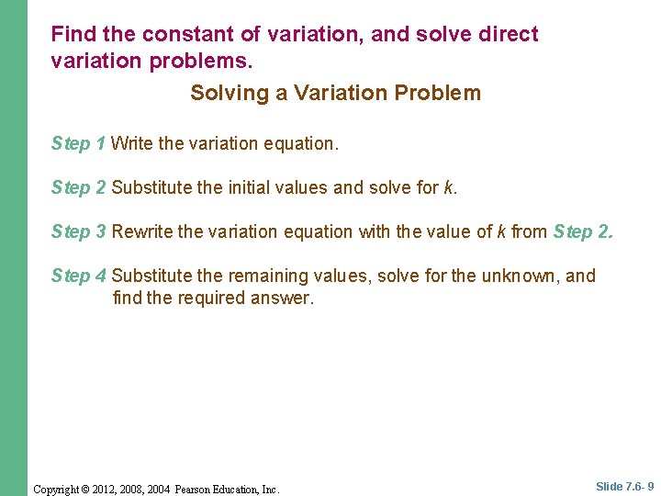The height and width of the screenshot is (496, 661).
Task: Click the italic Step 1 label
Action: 79,144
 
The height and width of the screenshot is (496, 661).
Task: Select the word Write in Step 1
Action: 132,144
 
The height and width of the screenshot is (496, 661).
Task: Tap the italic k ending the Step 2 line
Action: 447,188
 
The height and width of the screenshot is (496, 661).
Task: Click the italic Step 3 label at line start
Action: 79,232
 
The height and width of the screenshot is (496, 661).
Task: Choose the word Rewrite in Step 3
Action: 142,232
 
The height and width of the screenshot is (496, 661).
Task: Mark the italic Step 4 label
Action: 79,276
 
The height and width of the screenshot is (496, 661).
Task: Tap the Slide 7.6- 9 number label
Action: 624,487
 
